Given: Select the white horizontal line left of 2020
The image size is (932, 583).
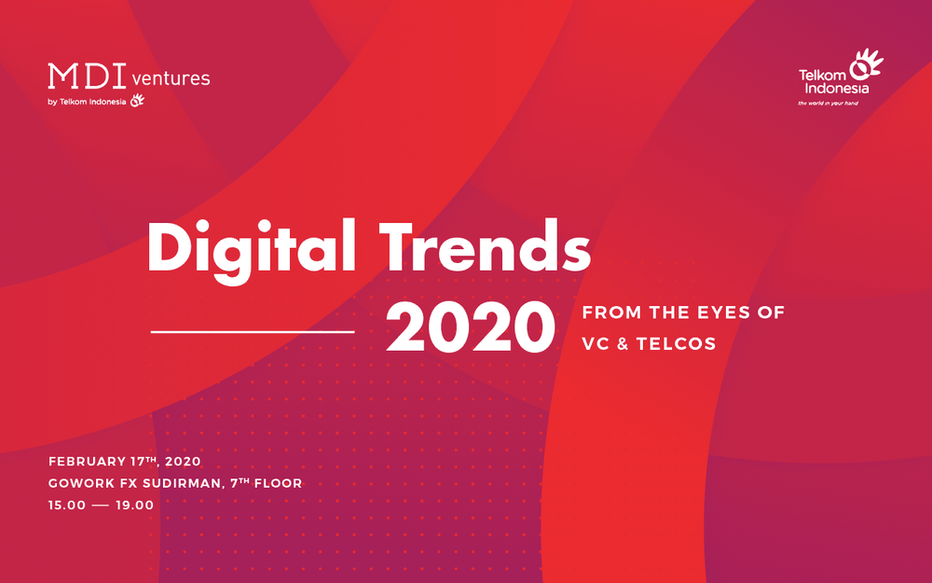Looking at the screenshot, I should tap(253, 331).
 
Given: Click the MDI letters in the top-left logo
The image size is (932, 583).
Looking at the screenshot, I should tap(87, 76).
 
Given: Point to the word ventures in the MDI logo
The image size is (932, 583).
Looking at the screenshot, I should tap(171, 78).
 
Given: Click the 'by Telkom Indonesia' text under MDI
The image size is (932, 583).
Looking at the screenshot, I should tap(86, 102).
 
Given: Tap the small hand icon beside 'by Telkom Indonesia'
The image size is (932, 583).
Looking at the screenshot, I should tap(137, 101).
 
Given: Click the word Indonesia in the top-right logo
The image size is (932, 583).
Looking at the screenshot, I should tap(834, 89).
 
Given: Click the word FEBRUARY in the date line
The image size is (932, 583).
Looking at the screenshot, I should tap(88, 462).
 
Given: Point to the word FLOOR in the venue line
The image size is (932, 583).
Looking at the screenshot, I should tap(277, 483).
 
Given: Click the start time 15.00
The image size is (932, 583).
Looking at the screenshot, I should tap(68, 505).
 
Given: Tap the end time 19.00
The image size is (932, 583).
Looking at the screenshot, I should tap(133, 505).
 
